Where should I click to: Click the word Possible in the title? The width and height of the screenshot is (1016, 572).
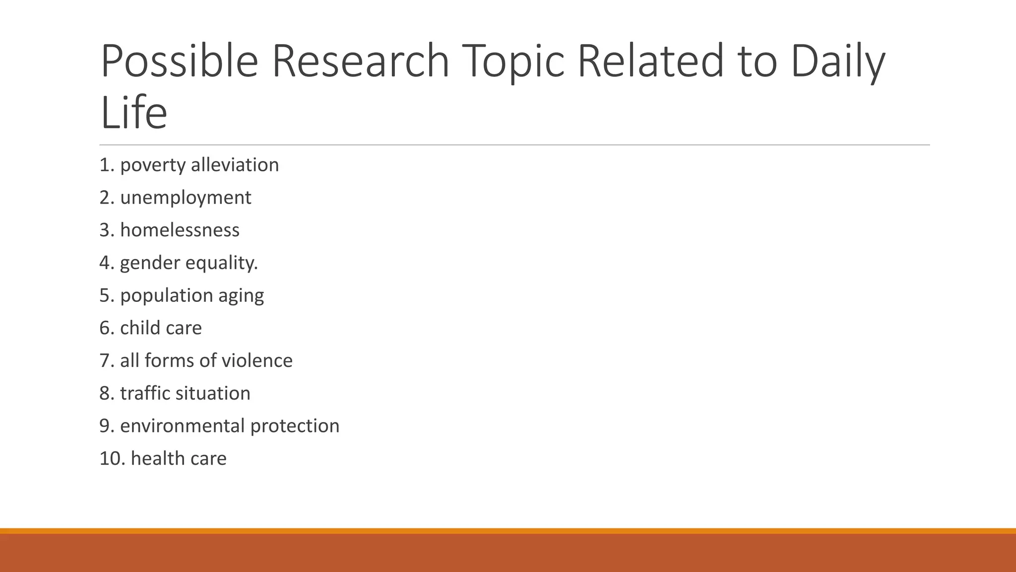179,62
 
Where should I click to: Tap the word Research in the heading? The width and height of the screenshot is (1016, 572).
361,62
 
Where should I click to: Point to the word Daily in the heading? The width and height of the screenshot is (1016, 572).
837,62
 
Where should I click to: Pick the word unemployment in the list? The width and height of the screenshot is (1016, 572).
186,198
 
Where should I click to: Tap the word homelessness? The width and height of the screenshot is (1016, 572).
180,230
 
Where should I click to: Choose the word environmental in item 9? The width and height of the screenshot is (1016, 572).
183,426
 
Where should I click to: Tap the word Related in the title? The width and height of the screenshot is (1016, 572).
650,62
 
